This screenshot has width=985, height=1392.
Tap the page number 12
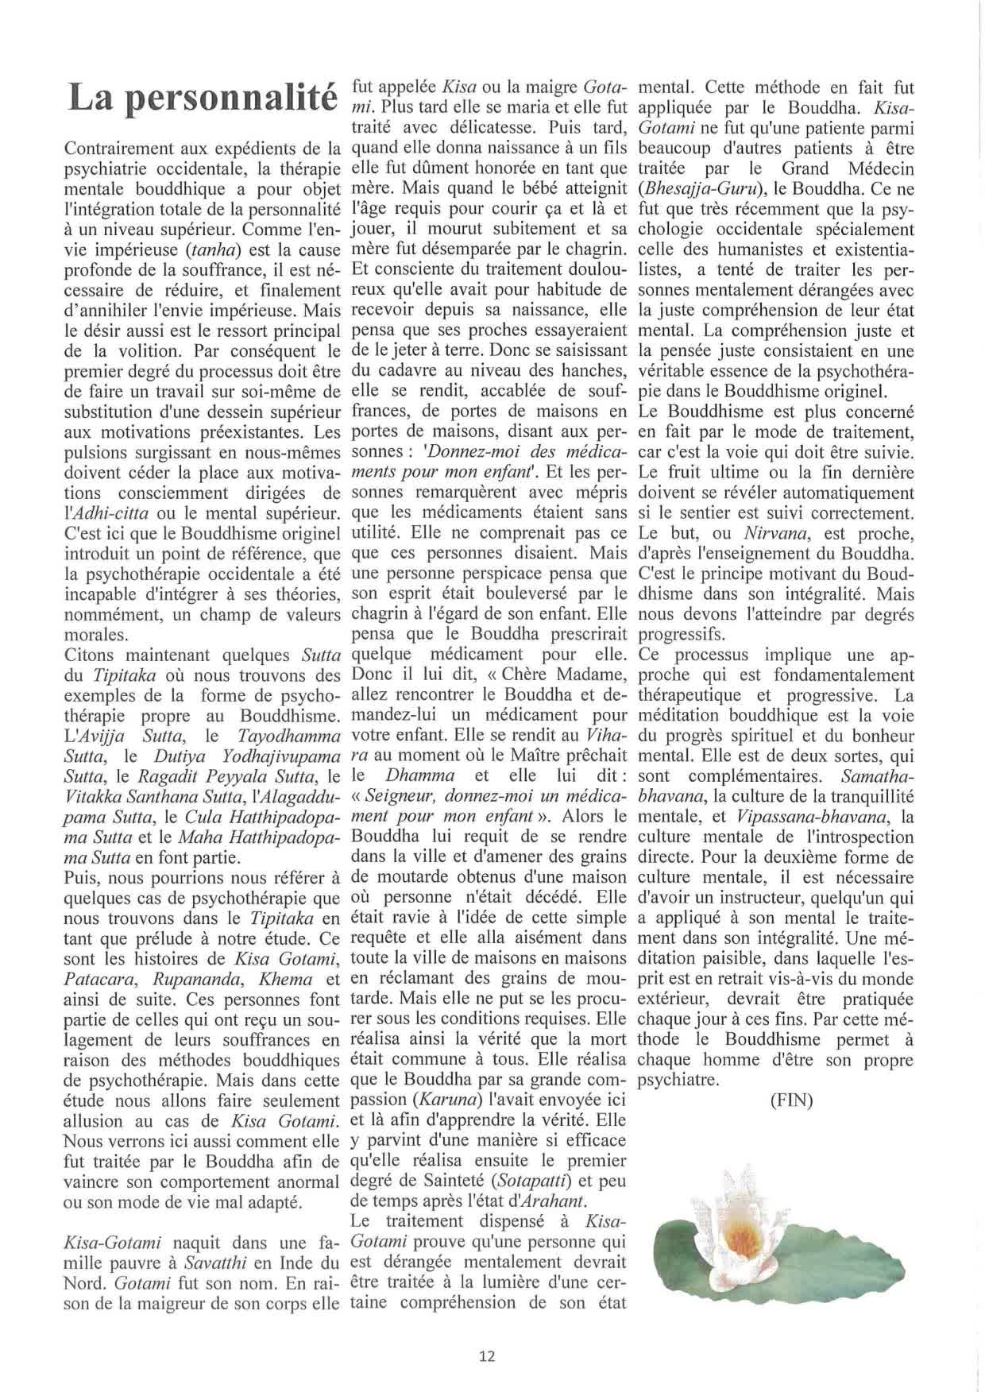[488, 1356]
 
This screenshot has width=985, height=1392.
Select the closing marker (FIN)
[791, 1102]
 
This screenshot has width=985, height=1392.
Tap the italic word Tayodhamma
[259, 736]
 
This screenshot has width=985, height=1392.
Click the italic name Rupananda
[191, 979]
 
